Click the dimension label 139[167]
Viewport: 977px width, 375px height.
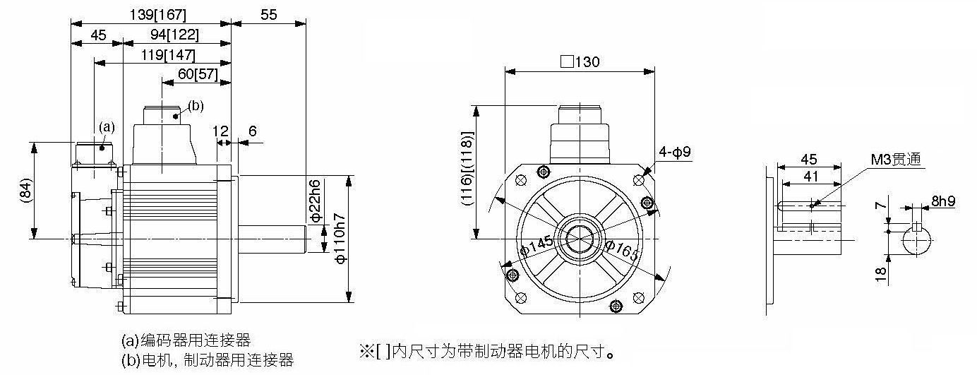coord(158,15)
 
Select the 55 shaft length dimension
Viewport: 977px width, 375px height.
coord(269,15)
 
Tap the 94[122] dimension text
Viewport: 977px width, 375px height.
coord(174,35)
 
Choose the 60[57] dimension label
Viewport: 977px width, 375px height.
coord(198,73)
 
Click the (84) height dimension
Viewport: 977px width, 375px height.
coord(25,191)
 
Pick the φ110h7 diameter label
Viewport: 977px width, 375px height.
coord(341,239)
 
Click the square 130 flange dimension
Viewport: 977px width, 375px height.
coord(580,61)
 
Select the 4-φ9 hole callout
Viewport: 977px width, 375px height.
coord(675,152)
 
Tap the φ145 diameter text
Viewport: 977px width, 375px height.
coord(537,246)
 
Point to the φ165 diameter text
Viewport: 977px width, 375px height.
coord(621,251)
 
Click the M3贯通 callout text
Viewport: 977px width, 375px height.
coord(896,160)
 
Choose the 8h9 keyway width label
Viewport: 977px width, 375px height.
coord(943,201)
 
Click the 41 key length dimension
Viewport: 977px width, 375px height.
coord(811,177)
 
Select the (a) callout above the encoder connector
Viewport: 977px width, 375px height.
coord(107,127)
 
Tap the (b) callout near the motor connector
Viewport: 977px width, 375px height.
coord(196,106)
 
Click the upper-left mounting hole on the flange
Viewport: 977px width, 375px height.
coord(521,180)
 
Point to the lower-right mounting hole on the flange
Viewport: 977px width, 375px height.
coord(638,298)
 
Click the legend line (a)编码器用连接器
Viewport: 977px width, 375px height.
coord(186,340)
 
